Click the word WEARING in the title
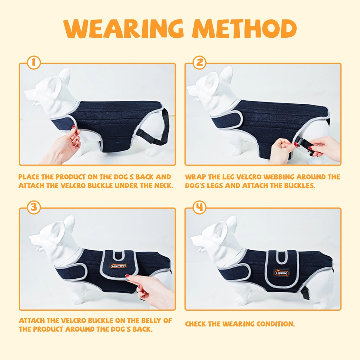click(124, 29)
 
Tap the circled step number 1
click(34, 62)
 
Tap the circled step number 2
click(199, 62)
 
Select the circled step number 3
click(34, 208)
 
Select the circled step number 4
click(199, 208)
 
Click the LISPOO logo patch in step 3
click(118, 266)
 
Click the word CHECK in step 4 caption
click(195, 324)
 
